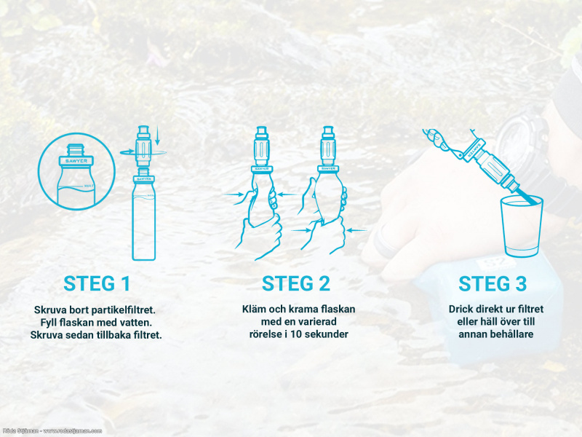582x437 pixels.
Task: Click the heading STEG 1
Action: point(97,283)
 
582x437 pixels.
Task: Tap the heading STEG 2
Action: point(296,283)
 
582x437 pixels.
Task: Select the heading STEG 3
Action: point(493,283)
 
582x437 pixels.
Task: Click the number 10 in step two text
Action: point(296,334)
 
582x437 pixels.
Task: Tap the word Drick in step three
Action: point(460,309)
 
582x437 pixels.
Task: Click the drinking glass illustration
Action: point(522,227)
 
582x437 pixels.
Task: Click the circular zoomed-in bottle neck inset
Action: point(77,171)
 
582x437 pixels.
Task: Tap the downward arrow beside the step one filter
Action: point(157,135)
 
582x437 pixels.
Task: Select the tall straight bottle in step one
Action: point(143,217)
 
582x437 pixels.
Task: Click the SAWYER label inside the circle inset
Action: point(76,161)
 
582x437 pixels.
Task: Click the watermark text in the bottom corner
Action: point(52,431)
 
